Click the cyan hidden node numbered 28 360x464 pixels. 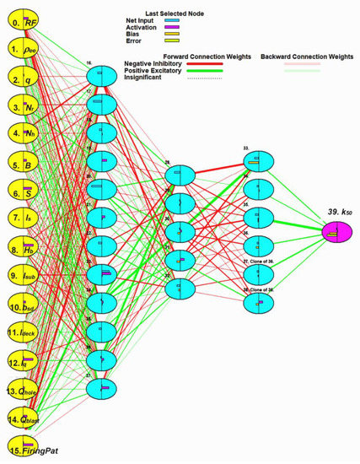click(x=180, y=175)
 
